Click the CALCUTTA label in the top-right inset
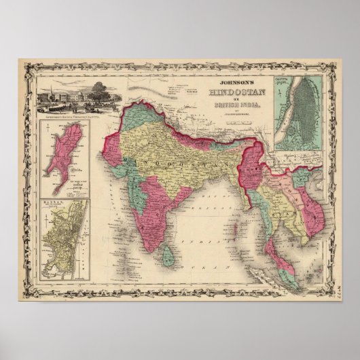tap(288, 82)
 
